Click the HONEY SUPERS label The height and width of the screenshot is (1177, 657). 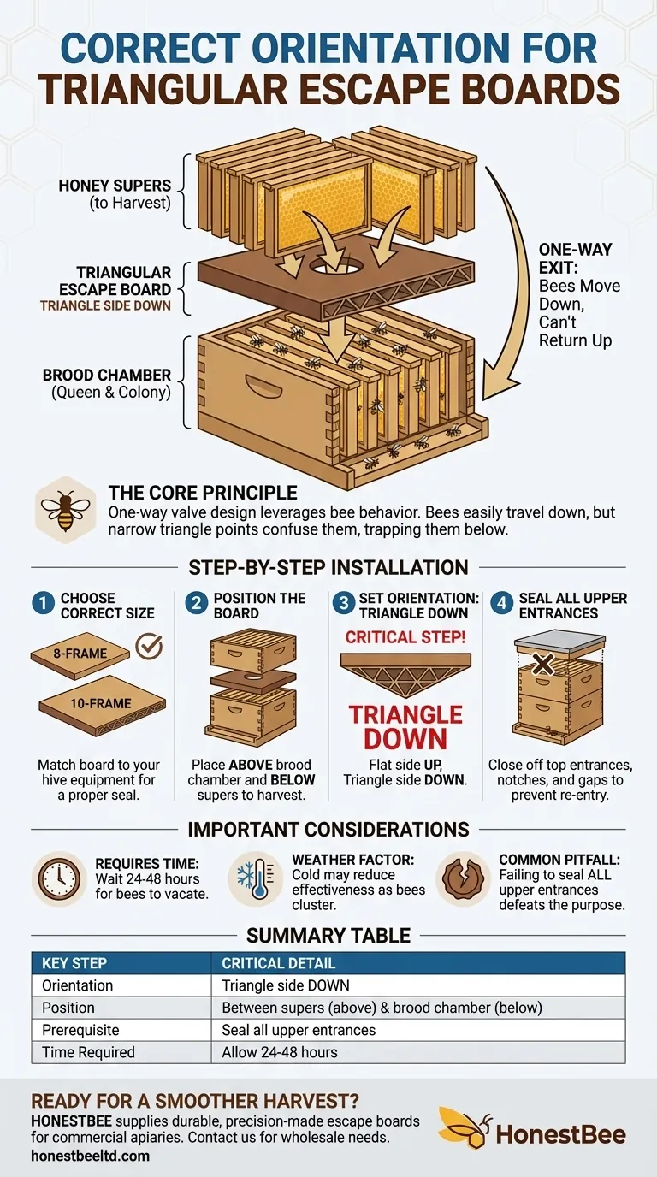tap(115, 185)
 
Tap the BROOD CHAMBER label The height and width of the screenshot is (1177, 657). tap(107, 375)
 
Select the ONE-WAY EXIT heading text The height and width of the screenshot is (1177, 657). tap(575, 258)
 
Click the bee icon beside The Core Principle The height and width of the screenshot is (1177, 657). tap(65, 511)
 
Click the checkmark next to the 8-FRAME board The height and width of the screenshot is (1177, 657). tap(149, 646)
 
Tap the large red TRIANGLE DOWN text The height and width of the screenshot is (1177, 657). tap(405, 726)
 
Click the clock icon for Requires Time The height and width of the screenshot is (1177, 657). tap(57, 878)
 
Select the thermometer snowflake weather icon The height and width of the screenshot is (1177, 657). tap(255, 878)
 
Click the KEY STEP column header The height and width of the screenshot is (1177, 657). tap(74, 963)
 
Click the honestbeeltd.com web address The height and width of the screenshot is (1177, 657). tap(90, 1156)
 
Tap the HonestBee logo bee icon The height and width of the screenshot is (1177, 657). tap(465, 1127)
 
